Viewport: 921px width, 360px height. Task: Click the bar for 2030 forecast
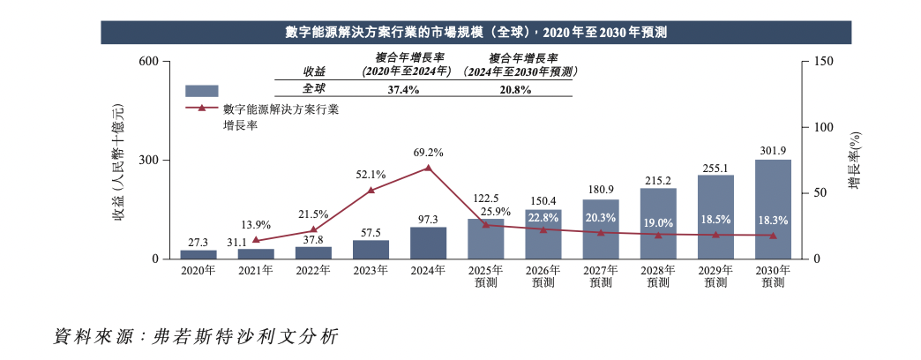pos(773,209)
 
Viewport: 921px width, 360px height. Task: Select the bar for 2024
pos(429,243)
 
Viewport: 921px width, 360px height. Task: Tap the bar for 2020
pos(198,254)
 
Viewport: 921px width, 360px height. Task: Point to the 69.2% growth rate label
pos(429,153)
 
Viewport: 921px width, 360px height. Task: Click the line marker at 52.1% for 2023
pos(371,190)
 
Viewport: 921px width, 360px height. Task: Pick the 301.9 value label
pos(773,150)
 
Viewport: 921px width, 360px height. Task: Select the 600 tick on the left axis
pos(148,62)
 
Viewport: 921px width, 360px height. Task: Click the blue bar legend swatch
pos(201,90)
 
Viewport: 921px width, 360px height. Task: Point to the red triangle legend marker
pos(201,109)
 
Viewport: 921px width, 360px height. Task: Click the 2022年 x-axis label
pos(313,271)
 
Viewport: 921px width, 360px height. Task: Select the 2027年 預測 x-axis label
pos(601,276)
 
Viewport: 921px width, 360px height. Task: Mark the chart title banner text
pos(475,33)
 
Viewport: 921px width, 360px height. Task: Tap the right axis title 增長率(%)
pos(854,160)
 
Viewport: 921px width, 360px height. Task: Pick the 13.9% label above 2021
pos(256,226)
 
